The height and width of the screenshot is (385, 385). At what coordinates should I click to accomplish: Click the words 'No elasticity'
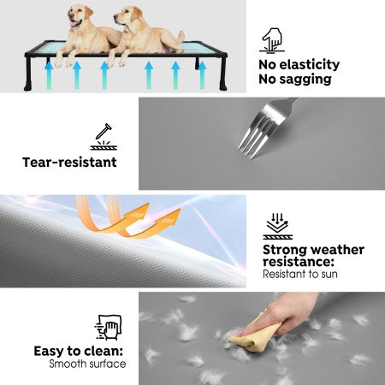[299, 65]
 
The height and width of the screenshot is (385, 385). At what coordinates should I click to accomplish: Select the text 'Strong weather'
[313, 250]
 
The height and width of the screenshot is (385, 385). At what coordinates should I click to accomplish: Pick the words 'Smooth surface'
[87, 364]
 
